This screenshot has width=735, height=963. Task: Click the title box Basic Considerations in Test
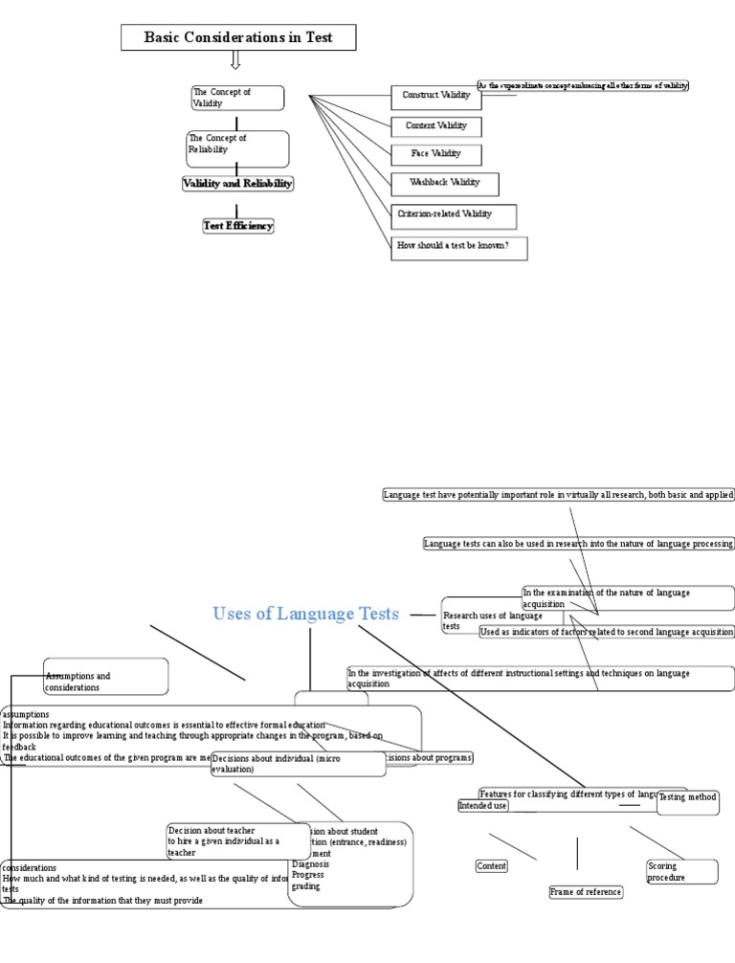click(x=238, y=37)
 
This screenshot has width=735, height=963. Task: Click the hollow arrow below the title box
click(x=235, y=59)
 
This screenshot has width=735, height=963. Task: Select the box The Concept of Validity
click(x=237, y=98)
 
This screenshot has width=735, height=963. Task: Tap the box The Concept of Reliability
click(x=237, y=148)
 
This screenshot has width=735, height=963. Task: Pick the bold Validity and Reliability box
click(x=238, y=183)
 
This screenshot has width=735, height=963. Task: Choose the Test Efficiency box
click(x=238, y=226)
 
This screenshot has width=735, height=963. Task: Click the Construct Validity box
click(x=435, y=96)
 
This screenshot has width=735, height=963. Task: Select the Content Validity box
click(x=435, y=125)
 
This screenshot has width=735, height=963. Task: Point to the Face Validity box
click(x=435, y=153)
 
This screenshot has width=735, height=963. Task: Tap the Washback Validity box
click(x=444, y=182)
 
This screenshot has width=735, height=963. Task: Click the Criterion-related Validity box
click(x=454, y=214)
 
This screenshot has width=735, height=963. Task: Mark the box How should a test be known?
click(x=458, y=247)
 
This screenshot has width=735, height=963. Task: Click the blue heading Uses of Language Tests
click(x=305, y=614)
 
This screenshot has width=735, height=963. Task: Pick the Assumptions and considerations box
click(x=106, y=681)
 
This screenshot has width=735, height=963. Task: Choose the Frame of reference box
click(x=586, y=892)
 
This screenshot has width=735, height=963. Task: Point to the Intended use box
click(x=483, y=806)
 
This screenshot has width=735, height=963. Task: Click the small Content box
click(x=492, y=866)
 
